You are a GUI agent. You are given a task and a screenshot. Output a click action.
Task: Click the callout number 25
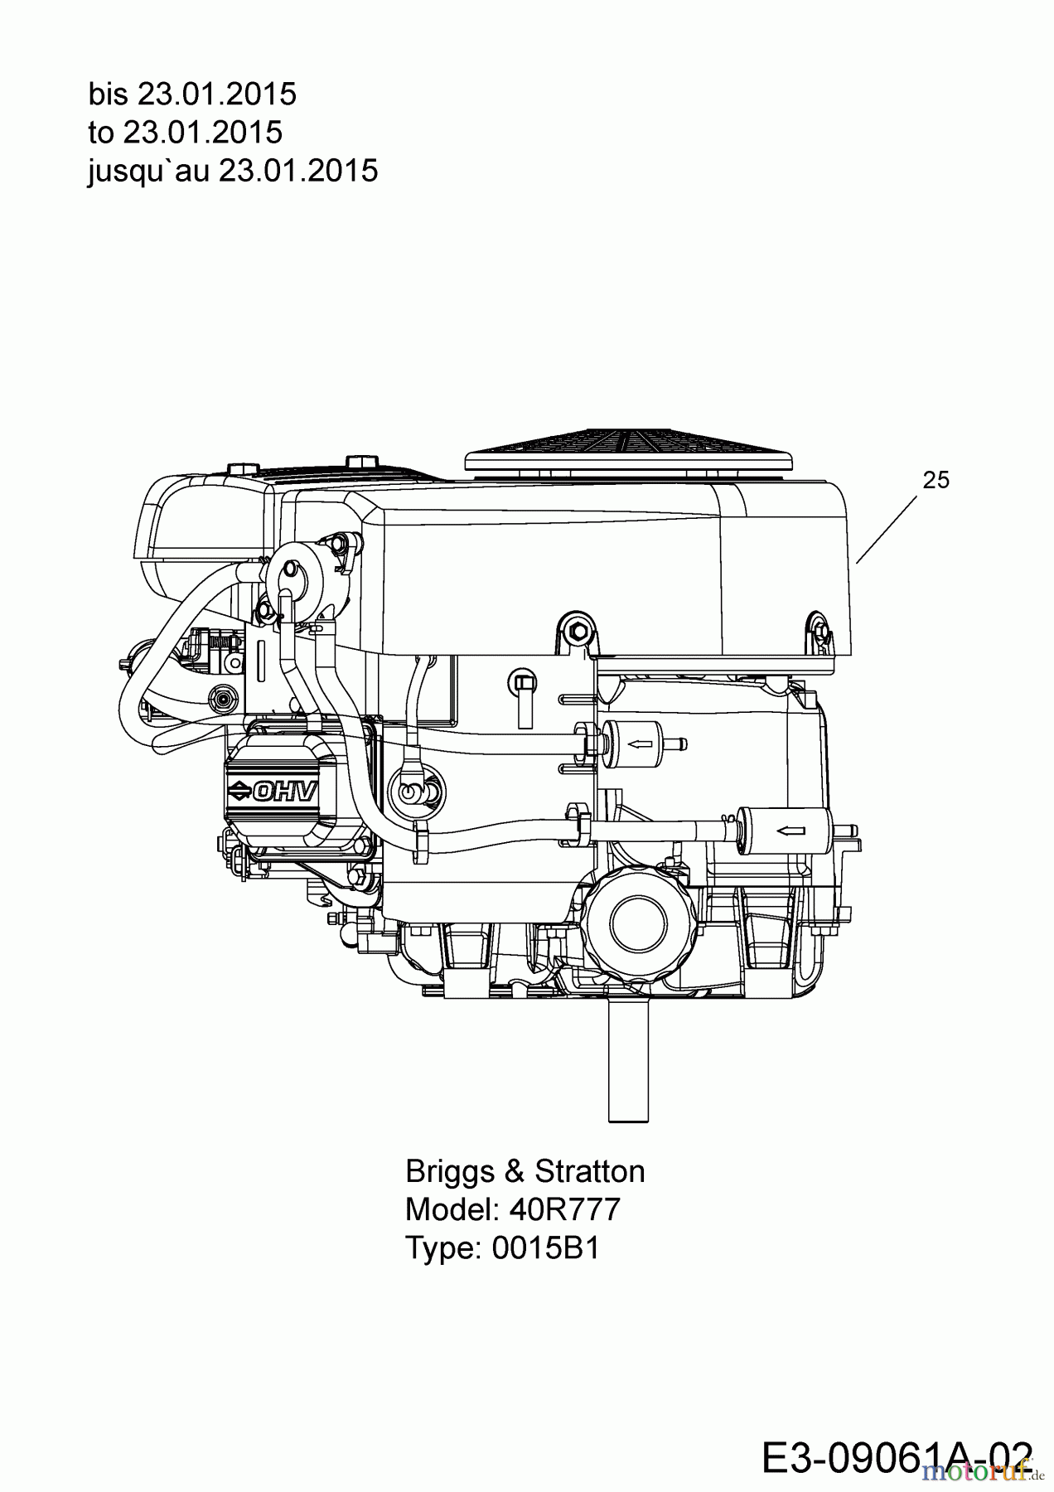(x=936, y=480)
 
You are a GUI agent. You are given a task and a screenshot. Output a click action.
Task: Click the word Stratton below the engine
(x=589, y=1171)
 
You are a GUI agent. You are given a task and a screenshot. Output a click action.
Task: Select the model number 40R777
(x=565, y=1209)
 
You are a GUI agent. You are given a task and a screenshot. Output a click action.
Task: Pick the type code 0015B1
(x=545, y=1247)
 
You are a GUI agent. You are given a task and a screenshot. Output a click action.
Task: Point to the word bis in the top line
(x=108, y=94)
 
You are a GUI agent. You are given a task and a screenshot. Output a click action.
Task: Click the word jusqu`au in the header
(x=148, y=171)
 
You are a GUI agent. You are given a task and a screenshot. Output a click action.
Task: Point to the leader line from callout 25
(x=887, y=530)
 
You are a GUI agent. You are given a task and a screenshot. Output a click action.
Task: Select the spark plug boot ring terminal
(x=409, y=792)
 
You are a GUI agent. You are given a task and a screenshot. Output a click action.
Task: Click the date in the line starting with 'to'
(x=203, y=133)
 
